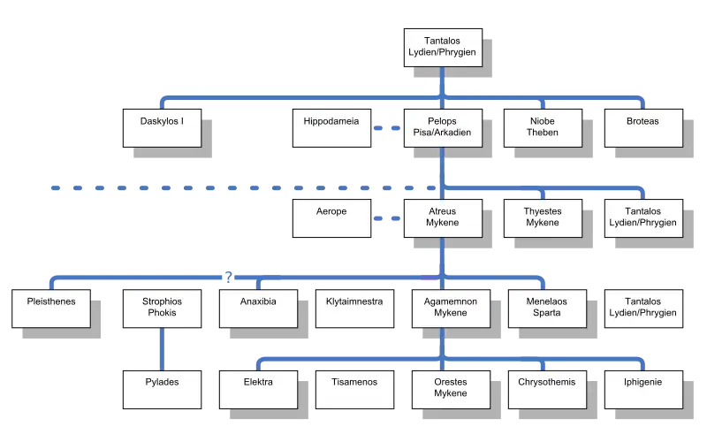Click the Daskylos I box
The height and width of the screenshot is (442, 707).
click(163, 128)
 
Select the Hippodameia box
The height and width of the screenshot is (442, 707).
click(332, 128)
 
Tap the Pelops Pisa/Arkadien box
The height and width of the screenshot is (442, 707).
click(444, 128)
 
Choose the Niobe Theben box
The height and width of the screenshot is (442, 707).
click(543, 128)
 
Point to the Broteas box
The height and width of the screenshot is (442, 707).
click(644, 128)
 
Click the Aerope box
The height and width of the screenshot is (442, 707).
click(332, 218)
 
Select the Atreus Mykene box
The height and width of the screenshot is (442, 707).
click(444, 218)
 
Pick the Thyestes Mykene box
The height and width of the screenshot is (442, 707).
click(543, 218)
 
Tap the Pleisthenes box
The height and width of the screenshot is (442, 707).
click(51, 309)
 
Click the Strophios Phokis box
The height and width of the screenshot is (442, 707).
click(163, 309)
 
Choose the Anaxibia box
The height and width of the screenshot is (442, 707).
click(258, 309)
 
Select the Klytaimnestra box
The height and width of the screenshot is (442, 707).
click(355, 309)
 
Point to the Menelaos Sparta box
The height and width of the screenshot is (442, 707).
click(547, 309)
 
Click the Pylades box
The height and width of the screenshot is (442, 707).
click(163, 390)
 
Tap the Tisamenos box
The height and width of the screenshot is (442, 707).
click(355, 390)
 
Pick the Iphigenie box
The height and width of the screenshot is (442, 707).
click(644, 390)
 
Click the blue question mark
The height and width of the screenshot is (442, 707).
click(229, 277)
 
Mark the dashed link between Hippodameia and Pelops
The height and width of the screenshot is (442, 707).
click(387, 128)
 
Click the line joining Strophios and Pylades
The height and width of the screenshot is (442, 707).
click(163, 349)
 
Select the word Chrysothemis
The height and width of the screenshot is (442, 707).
click(547, 382)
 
